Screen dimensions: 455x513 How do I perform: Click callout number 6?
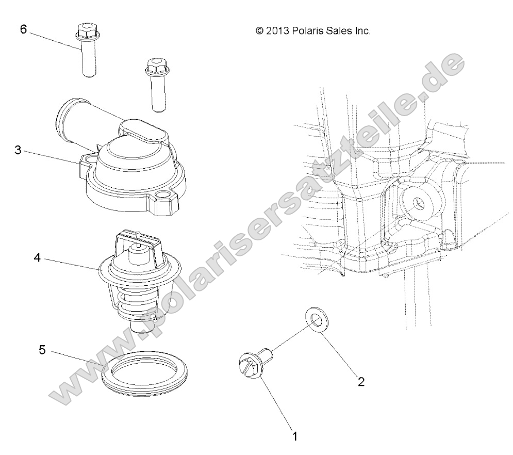coord(23,29)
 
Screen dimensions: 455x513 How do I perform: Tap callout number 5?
coord(42,350)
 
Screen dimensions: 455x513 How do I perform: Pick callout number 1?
coord(295,436)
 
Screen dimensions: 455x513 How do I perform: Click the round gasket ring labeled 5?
coord(144,374)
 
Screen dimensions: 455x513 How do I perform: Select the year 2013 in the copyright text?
coord(277,31)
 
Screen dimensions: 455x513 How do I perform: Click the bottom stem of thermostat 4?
coord(139,326)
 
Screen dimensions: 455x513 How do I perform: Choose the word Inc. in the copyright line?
coord(362,31)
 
